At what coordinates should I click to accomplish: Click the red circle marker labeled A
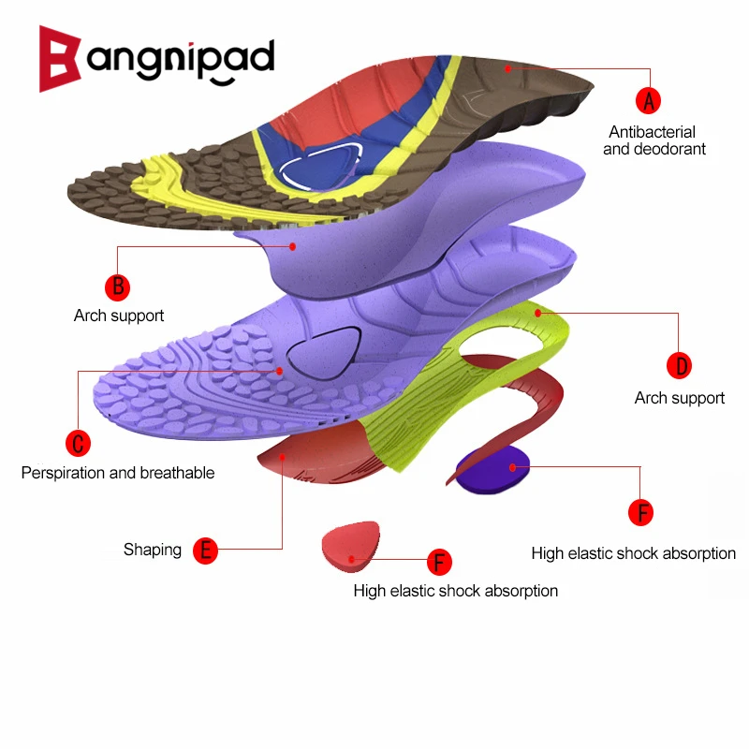649,98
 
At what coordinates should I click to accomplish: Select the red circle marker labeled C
79,442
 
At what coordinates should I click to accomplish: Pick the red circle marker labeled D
679,365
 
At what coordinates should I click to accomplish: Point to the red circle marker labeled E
205,550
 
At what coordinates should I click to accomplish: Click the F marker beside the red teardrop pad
439,563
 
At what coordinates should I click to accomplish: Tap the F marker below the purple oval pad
640,512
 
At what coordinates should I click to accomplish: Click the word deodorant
671,149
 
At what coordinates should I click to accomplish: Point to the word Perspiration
64,473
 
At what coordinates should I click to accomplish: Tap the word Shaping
153,550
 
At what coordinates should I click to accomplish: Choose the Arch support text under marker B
119,316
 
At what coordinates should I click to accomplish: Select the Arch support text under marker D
679,398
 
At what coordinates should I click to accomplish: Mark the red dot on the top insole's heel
507,67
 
